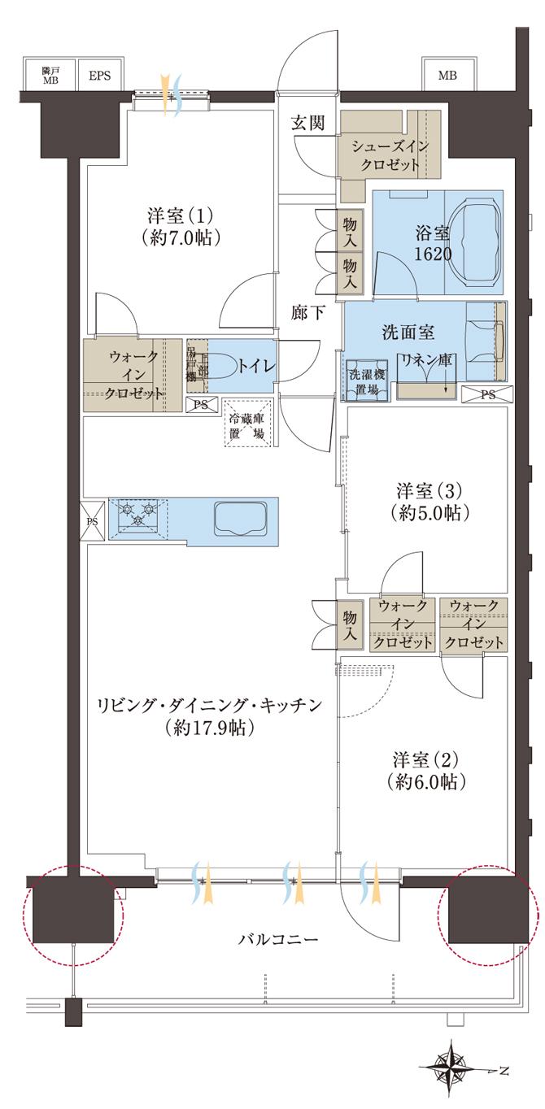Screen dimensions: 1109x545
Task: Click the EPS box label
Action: [99, 76]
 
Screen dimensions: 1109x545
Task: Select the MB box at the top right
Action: [447, 76]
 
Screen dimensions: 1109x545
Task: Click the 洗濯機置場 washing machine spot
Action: [366, 380]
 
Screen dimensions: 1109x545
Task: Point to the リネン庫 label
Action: [425, 360]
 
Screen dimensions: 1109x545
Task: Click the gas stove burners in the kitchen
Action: [137, 515]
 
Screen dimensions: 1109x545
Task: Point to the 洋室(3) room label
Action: [429, 491]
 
